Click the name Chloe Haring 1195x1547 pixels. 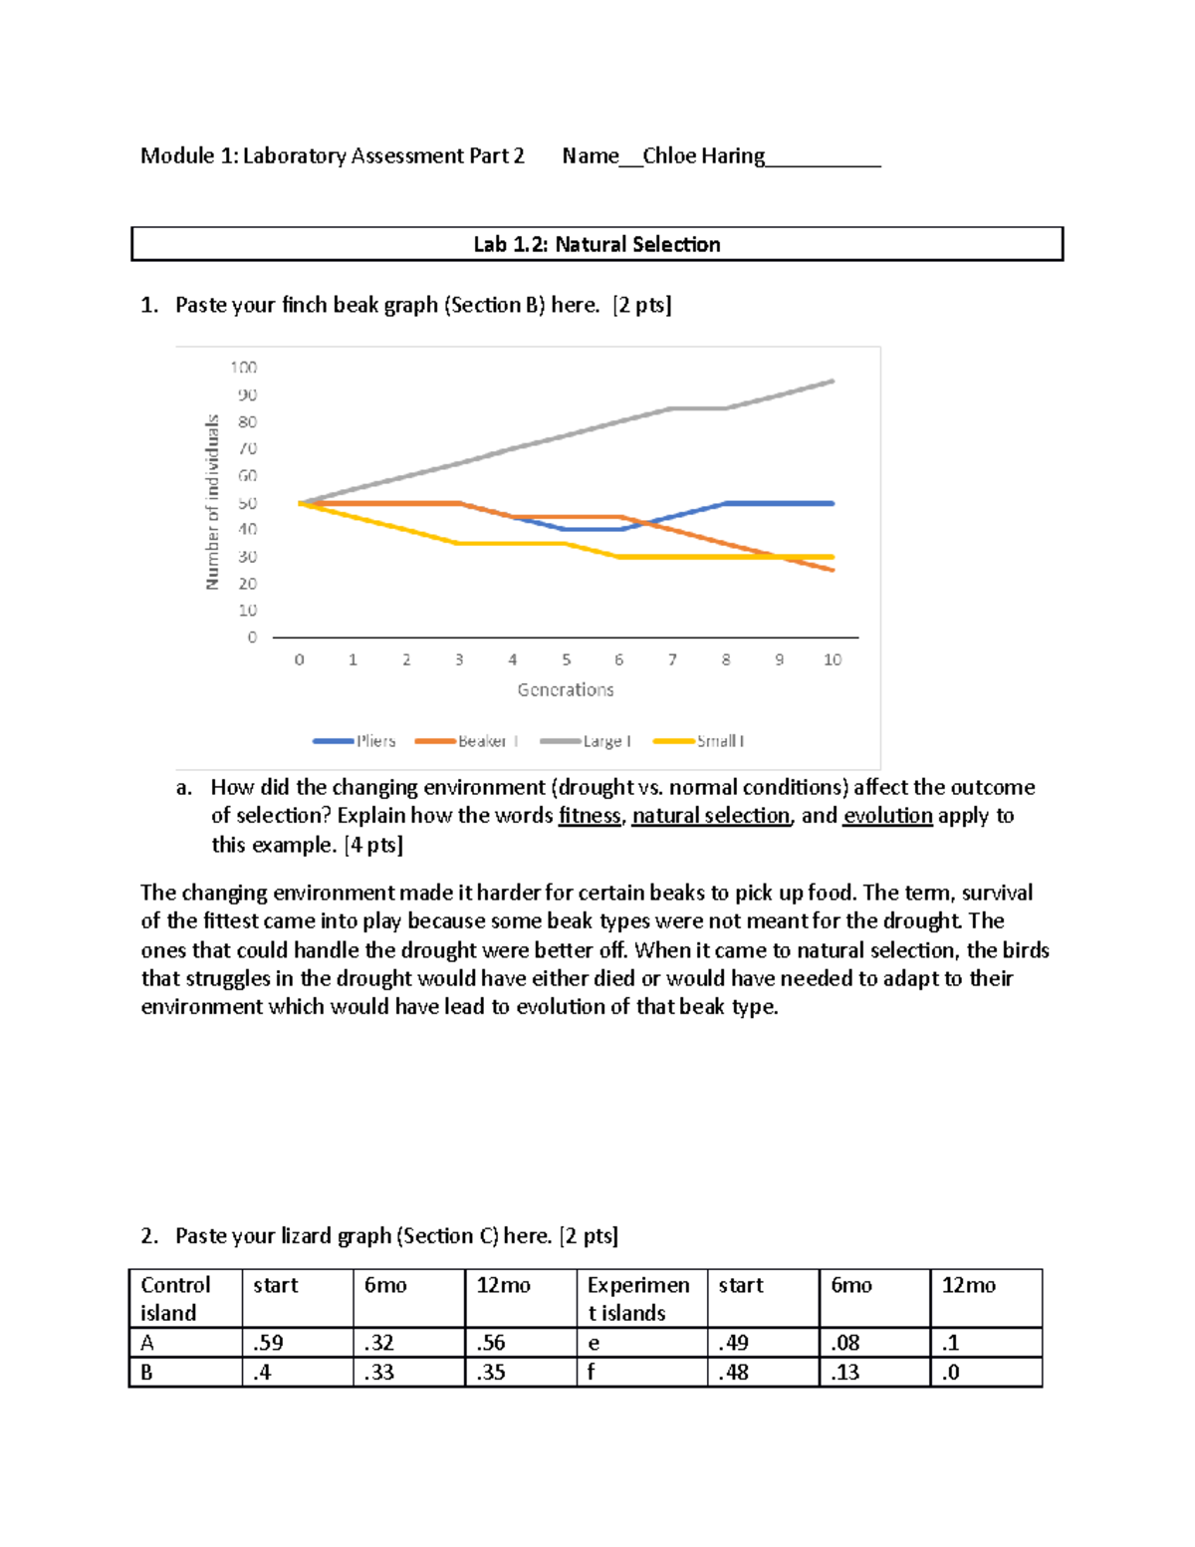point(703,156)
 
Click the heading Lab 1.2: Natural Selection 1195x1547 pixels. point(597,245)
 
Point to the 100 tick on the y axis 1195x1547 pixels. point(244,368)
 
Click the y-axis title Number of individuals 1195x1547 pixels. point(212,502)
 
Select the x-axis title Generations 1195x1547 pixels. point(565,689)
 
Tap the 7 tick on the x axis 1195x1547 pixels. point(672,659)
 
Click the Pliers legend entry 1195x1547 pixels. point(356,741)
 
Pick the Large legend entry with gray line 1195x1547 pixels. point(587,741)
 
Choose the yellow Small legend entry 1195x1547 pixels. point(699,741)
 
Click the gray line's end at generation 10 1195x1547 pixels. point(833,381)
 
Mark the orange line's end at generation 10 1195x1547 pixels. point(833,570)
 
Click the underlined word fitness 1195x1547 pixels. point(590,816)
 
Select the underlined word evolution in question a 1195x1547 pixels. point(887,816)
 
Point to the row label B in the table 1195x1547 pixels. point(147,1373)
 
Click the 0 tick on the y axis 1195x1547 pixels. point(252,638)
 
